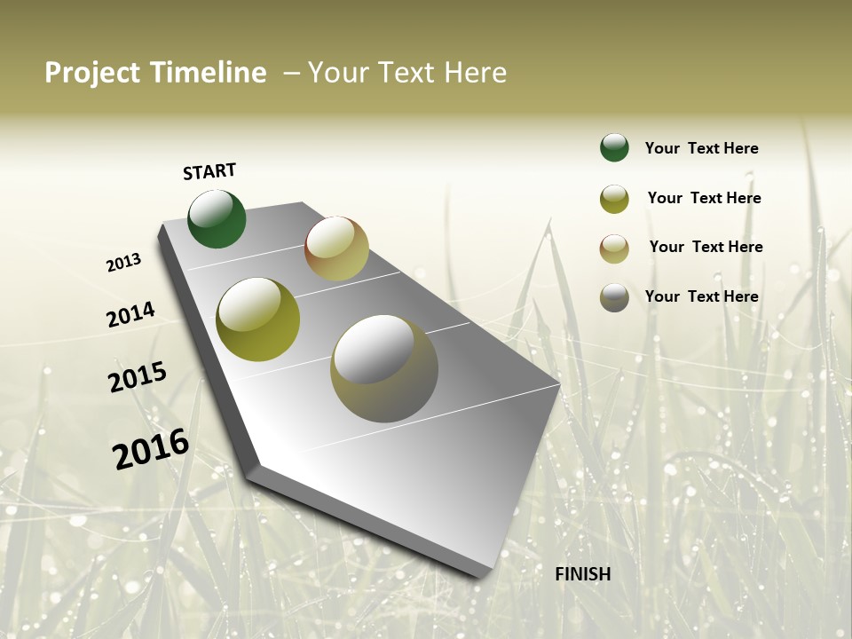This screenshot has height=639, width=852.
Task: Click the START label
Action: point(209,171)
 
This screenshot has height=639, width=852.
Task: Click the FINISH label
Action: point(583,574)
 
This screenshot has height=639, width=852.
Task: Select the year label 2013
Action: point(124,263)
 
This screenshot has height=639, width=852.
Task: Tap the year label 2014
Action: point(131,315)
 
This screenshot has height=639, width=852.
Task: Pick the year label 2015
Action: point(138,377)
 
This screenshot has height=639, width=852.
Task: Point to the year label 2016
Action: point(151,449)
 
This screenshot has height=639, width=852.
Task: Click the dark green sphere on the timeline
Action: point(217,219)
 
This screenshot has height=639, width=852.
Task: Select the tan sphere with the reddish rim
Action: point(336,248)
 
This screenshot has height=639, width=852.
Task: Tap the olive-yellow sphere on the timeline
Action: point(258,319)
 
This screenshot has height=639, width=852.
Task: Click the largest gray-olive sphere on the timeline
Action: point(384,368)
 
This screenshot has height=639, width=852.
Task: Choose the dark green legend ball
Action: point(614,147)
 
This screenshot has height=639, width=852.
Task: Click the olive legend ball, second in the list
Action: point(614,199)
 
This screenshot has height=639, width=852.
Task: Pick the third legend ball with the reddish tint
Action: point(614,248)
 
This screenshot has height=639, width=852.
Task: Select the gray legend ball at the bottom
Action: point(614,297)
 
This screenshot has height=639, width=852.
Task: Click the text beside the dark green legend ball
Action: point(701,148)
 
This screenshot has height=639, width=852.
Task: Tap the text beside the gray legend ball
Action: point(701,296)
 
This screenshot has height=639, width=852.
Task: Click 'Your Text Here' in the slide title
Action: point(407,73)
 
